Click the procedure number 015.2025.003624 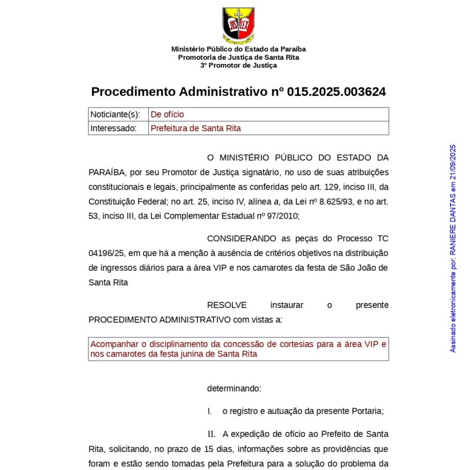click(336, 92)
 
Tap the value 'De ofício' click(167, 115)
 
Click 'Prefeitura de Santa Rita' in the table click(196, 128)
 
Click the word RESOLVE click(226, 305)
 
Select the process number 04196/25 click(106, 253)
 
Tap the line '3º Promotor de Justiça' click(238, 66)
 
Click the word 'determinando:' click(234, 388)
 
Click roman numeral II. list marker click(211, 434)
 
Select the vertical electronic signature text click(453, 248)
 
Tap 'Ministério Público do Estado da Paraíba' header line click(238, 49)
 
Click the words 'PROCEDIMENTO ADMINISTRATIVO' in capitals click(159, 320)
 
